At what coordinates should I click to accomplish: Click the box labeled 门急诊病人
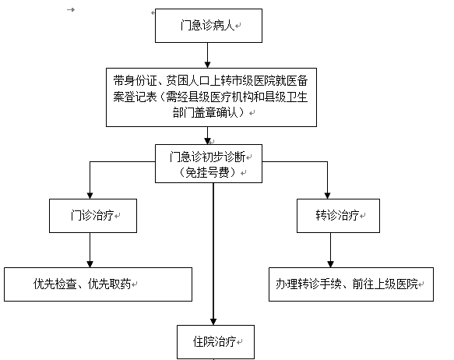pyautogui.click(x=209, y=26)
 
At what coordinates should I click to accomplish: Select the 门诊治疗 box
pyautogui.click(x=93, y=216)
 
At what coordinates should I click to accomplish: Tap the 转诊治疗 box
pyautogui.click(x=338, y=216)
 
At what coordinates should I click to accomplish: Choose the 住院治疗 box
pyautogui.click(x=216, y=342)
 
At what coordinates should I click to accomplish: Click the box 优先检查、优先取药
pyautogui.click(x=98, y=284)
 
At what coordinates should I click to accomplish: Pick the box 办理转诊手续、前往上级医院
pyautogui.click(x=351, y=284)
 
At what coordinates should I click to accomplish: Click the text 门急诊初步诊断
pyautogui.click(x=207, y=157)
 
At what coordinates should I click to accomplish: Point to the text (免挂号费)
pyautogui.click(x=207, y=173)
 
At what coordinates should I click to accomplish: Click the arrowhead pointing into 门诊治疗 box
pyautogui.click(x=90, y=196)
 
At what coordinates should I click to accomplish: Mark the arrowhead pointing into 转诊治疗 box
pyautogui.click(x=328, y=196)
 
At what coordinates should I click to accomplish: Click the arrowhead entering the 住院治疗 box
pyautogui.click(x=213, y=322)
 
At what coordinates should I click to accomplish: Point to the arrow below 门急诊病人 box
pyautogui.click(x=207, y=55)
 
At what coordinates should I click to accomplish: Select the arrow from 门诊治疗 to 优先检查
pyautogui.click(x=90, y=250)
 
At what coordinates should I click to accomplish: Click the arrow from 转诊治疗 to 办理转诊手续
pyautogui.click(x=331, y=250)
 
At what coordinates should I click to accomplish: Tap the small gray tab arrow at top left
pyautogui.click(x=71, y=10)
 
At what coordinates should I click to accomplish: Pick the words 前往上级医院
pyautogui.click(x=385, y=284)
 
